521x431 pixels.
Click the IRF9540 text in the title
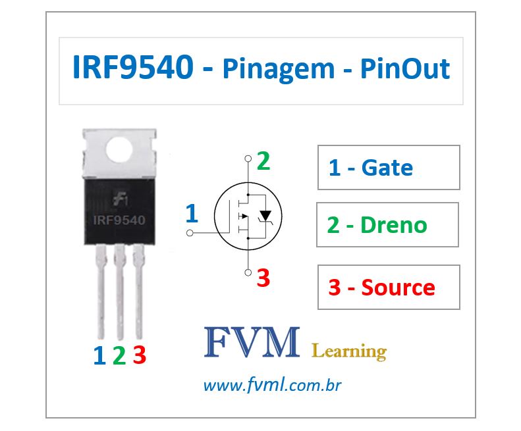[x=132, y=69]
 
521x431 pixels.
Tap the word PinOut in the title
[x=404, y=69]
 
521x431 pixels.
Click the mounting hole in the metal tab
[x=119, y=150]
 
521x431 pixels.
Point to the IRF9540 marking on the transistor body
[x=119, y=219]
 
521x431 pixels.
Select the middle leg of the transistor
[x=120, y=290]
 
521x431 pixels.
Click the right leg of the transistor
[x=139, y=290]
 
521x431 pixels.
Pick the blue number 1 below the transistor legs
[x=99, y=356]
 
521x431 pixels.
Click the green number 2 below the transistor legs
[x=119, y=356]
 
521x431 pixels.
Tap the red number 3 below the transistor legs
[x=139, y=356]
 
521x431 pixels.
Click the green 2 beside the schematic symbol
[x=263, y=161]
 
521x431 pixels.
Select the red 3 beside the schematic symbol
[x=263, y=278]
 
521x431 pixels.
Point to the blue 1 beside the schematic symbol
[x=192, y=214]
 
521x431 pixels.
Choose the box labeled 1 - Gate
[x=388, y=168]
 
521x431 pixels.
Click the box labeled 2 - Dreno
[x=387, y=225]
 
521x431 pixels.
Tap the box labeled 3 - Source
[x=388, y=288]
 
